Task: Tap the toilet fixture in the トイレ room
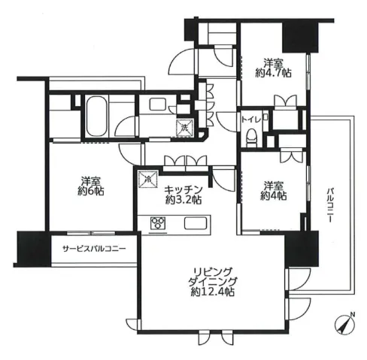(251, 138)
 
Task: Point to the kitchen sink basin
(196, 223)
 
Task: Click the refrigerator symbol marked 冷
(148, 179)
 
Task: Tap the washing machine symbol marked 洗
(185, 128)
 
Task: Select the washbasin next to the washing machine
(157, 104)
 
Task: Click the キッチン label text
(183, 189)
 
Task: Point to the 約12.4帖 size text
(213, 292)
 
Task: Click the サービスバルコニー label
(94, 249)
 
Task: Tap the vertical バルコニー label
(330, 204)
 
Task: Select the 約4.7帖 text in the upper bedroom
(273, 73)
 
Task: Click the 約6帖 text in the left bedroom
(91, 192)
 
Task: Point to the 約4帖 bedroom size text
(274, 196)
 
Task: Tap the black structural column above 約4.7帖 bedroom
(300, 37)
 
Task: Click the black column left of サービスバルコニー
(34, 249)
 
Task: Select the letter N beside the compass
(353, 314)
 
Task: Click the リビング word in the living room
(213, 271)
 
